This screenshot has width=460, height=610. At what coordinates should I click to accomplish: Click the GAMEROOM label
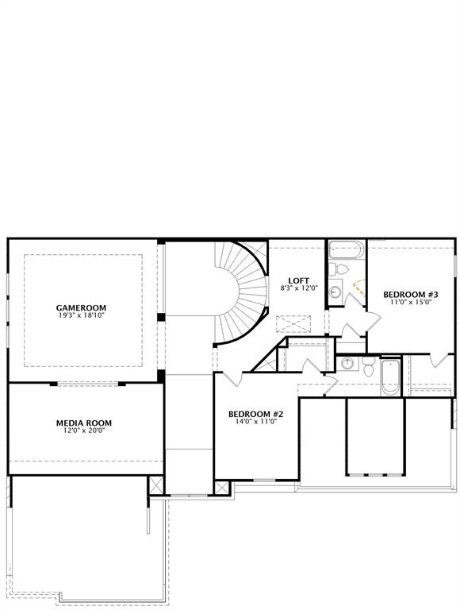81,307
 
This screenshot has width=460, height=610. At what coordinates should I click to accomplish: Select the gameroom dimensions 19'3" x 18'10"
81,316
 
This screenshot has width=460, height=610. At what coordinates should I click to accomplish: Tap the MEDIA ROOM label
83,423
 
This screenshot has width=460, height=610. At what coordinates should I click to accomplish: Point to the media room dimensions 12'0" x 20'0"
83,430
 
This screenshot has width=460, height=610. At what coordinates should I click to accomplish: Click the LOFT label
298,280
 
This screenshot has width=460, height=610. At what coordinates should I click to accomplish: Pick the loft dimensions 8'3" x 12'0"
298,288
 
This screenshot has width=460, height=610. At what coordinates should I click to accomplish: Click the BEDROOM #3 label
411,294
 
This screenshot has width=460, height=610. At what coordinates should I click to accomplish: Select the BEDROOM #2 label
255,414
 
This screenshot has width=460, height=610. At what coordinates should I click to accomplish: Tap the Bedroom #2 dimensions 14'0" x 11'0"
255,422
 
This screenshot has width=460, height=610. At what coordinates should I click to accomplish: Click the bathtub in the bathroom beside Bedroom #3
346,250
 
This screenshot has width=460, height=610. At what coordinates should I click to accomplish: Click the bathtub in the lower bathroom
390,377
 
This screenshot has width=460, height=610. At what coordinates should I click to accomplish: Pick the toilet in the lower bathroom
369,366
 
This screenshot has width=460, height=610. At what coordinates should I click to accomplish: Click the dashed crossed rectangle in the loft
290,324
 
